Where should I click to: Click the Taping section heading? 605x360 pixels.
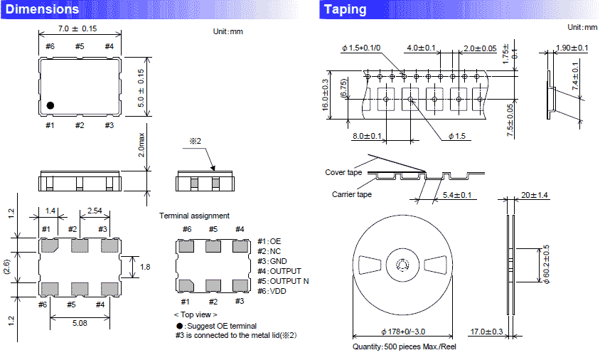pyautogui.click(x=345, y=10)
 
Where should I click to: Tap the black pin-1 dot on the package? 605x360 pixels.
pyautogui.click(x=50, y=105)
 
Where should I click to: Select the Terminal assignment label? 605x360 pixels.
pyautogui.click(x=194, y=216)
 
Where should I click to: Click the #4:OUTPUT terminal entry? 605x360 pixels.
pyautogui.click(x=279, y=271)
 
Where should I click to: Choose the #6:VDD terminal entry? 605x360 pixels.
pyautogui.click(x=273, y=291)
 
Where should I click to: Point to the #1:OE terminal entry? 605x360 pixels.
pyautogui.click(x=269, y=242)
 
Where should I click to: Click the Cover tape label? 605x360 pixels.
pyautogui.click(x=343, y=172)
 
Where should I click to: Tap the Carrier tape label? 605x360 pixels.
pyautogui.click(x=351, y=194)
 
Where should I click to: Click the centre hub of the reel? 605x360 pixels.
pyautogui.click(x=402, y=266)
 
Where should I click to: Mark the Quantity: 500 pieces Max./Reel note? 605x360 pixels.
pyautogui.click(x=404, y=347)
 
